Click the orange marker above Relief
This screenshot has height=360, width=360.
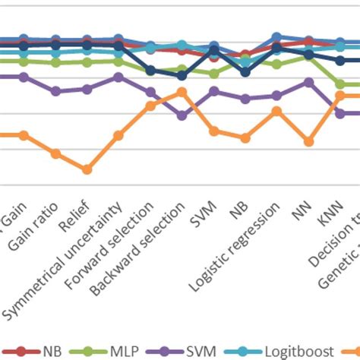point(87,169)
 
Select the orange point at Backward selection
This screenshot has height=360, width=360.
point(182,92)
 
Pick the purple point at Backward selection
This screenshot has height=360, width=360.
point(182,115)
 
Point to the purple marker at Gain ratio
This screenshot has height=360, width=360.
point(55,91)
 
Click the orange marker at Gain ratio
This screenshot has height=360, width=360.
point(55,153)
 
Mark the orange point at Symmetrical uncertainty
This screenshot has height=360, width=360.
point(118,136)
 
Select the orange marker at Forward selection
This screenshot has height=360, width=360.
point(150,106)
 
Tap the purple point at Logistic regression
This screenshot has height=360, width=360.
point(276,96)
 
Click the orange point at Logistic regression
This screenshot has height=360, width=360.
point(276,111)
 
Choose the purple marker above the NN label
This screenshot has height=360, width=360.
point(308,82)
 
